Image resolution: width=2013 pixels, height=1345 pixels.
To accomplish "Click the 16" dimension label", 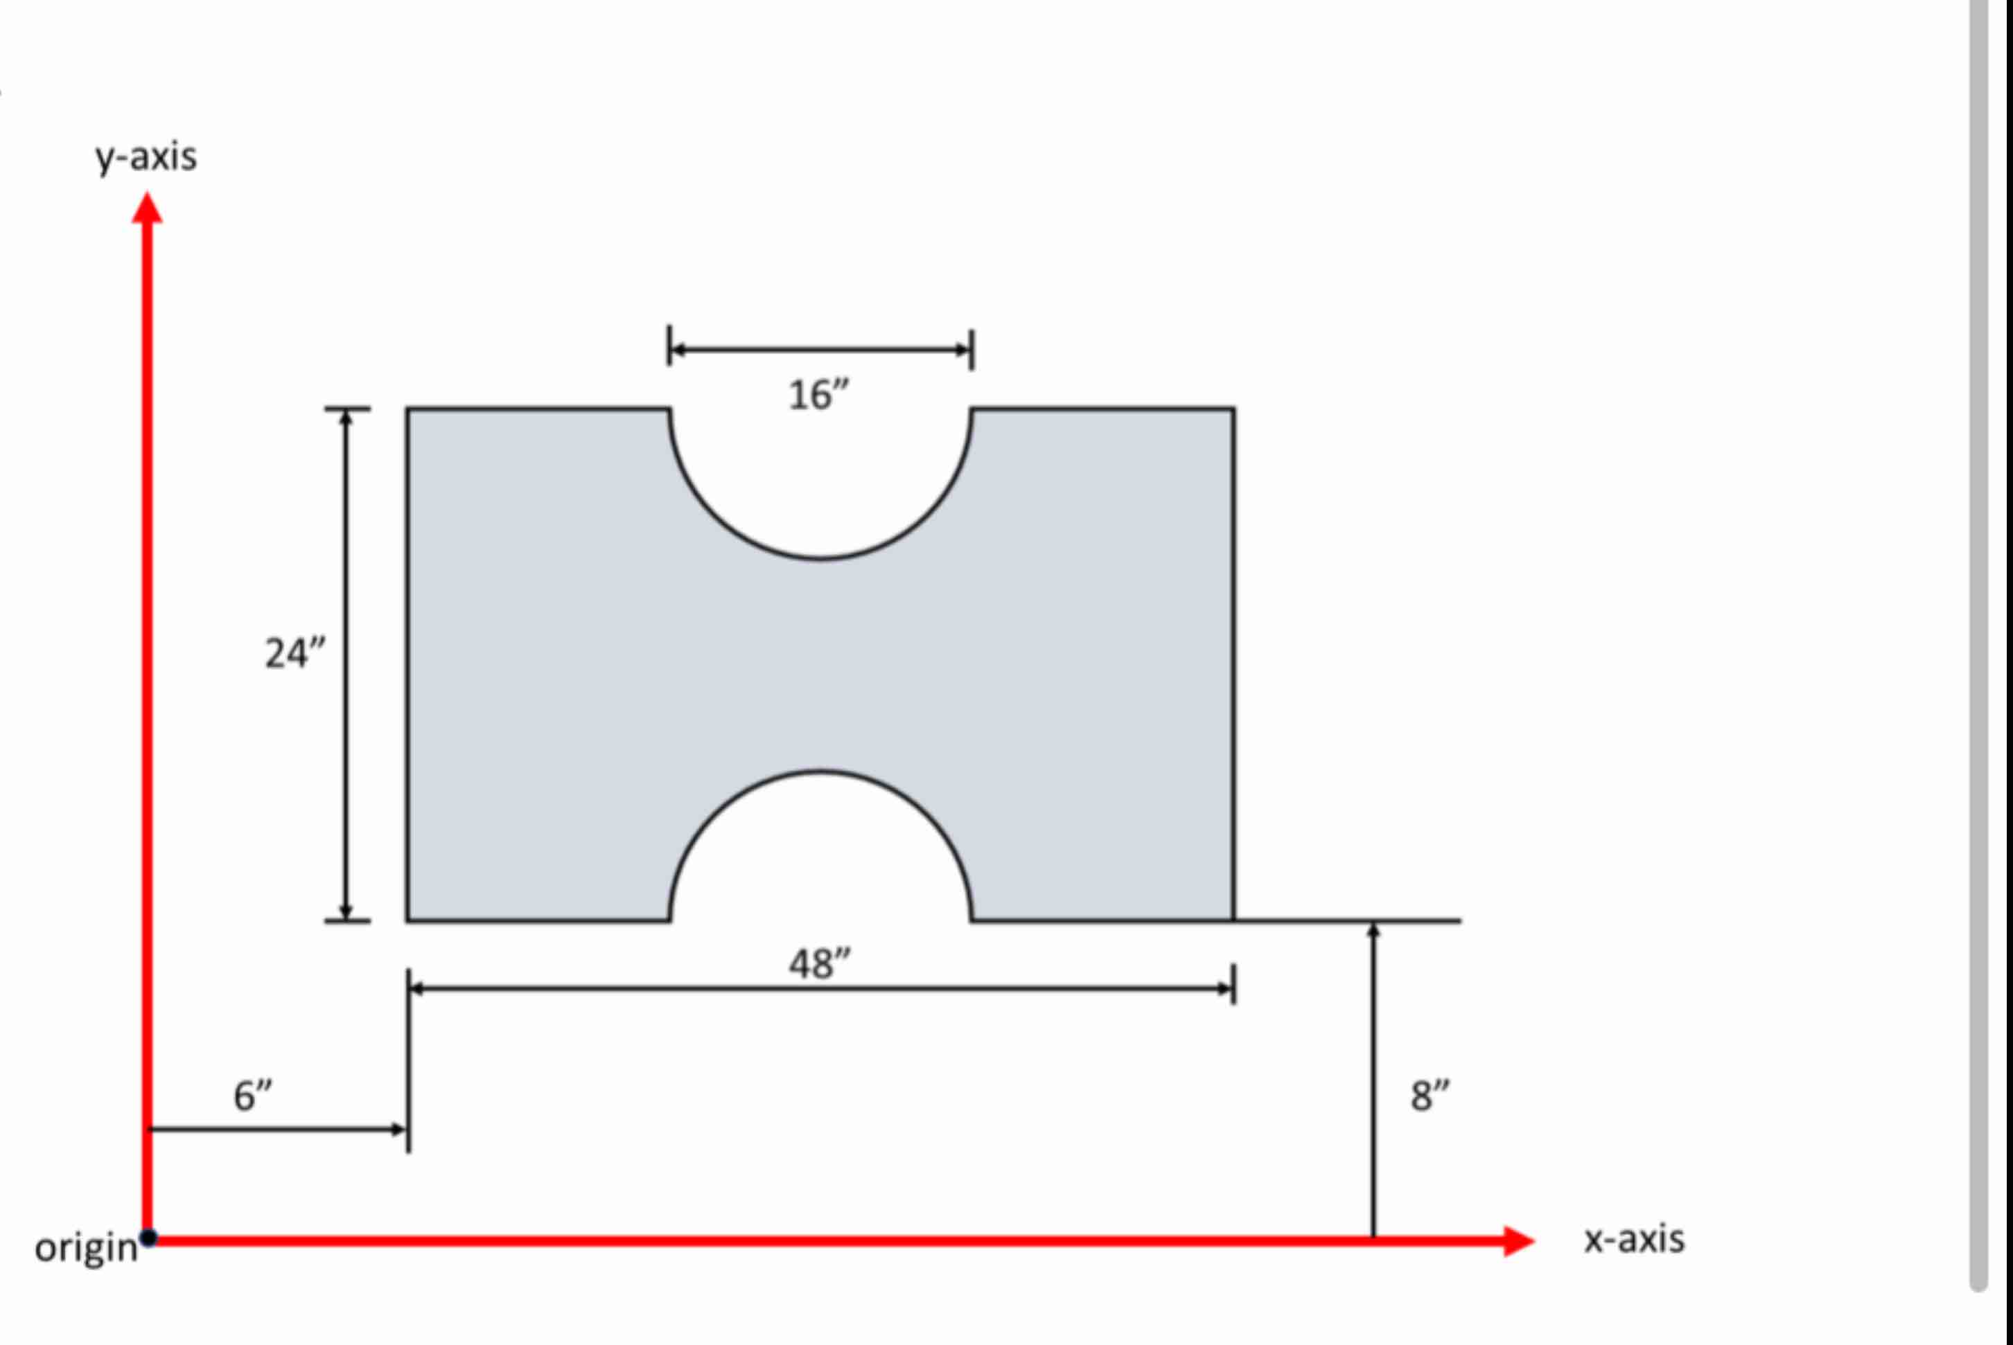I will click(818, 395).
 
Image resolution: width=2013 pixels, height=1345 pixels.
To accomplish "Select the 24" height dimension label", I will click(295, 654).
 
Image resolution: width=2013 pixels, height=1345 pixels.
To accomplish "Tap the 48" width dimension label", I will click(820, 964).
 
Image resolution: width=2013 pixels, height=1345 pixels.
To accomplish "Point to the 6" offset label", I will click(252, 1096).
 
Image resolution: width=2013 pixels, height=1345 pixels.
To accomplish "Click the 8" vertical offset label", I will click(1430, 1096).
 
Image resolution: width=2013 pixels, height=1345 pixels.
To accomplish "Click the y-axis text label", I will click(146, 158).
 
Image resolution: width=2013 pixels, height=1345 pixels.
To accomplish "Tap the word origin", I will click(86, 1247).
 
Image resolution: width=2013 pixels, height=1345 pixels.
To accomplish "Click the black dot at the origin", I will click(148, 1238).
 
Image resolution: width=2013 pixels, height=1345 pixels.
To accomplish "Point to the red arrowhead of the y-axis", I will click(147, 209).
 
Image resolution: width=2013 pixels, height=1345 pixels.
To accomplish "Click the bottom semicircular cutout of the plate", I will click(820, 849).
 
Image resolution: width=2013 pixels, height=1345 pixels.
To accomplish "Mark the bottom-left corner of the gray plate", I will click(408, 920).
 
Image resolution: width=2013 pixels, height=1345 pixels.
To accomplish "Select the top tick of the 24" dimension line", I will click(346, 409).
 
